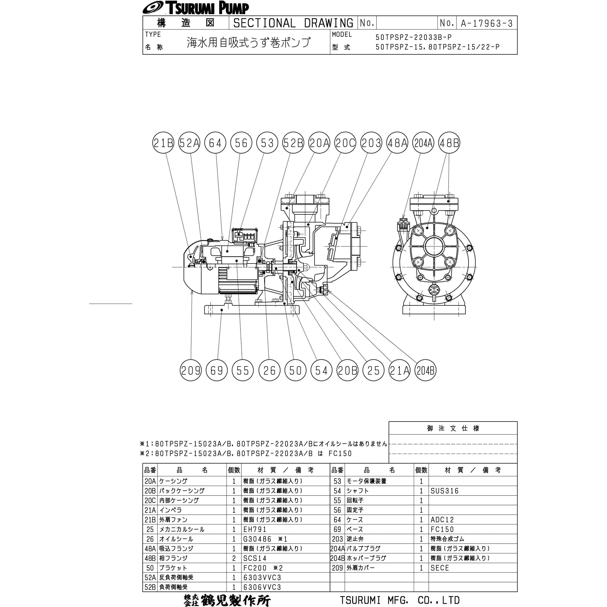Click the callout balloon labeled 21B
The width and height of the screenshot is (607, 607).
tap(163, 143)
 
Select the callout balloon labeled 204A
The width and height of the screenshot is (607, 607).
tap(423, 143)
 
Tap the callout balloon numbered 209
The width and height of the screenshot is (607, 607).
tap(190, 371)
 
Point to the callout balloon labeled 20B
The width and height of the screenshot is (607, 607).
tap(347, 371)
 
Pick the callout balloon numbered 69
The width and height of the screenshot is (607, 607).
tap(217, 371)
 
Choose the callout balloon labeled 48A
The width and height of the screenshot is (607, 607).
tap(397, 143)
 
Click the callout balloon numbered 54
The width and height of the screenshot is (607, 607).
tap(321, 371)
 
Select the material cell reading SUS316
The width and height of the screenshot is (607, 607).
tap(445, 491)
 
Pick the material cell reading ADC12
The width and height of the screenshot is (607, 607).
tap(442, 520)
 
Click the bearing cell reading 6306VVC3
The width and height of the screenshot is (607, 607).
tap(262, 587)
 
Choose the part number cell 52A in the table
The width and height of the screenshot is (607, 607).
tap(150, 577)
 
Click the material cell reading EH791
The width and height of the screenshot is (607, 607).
tap(255, 529)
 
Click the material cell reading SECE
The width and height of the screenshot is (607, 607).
tap(440, 568)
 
